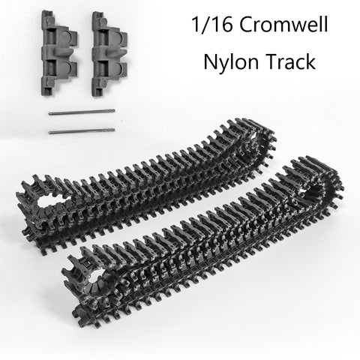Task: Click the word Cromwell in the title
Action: (x=283, y=24)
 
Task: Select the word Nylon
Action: (x=231, y=62)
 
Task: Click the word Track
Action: (x=290, y=61)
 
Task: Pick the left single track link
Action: (x=59, y=53)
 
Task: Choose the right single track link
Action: (x=109, y=54)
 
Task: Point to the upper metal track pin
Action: (x=82, y=112)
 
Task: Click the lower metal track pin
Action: (x=82, y=131)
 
